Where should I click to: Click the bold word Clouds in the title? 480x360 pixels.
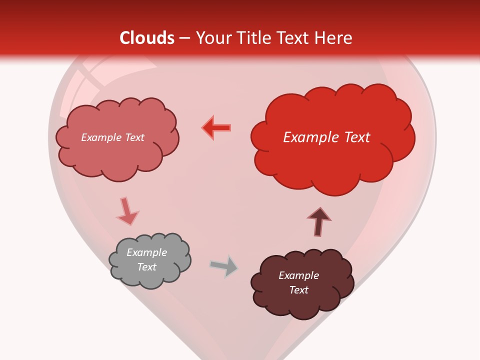coord(147,38)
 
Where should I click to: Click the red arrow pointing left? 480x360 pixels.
coord(217,128)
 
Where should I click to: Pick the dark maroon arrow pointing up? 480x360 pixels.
coord(319,221)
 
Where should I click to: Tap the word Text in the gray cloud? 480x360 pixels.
coord(146,267)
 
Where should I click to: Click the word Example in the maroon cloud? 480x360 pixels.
coord(298,275)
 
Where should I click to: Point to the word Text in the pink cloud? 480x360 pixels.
coord(134,137)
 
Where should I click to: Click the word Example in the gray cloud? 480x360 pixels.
coord(146,252)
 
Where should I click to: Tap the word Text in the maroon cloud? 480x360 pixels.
coord(298,290)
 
